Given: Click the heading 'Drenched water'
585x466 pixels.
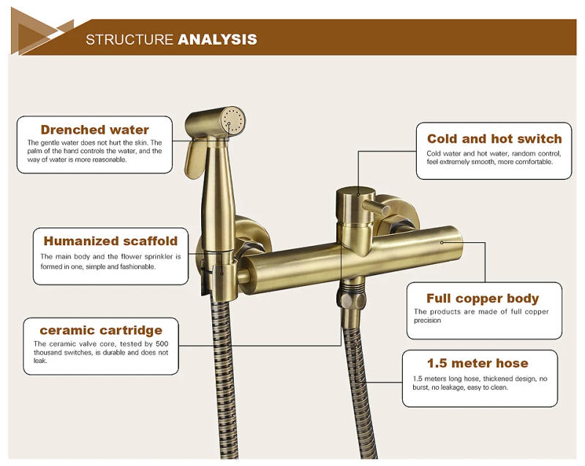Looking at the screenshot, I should point(95,130).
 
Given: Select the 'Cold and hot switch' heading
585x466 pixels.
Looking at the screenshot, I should point(494,138).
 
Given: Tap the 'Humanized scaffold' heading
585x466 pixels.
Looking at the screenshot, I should point(110,241).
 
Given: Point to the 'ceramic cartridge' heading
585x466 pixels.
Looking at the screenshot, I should point(101,330).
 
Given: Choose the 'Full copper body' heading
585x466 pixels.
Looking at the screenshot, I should point(483,298).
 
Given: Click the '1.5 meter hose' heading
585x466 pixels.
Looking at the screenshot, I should point(478,363).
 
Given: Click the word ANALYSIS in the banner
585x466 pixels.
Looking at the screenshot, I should point(217,39).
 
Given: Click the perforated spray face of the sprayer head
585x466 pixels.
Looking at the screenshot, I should point(235,122).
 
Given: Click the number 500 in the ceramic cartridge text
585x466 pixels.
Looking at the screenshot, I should point(162,343).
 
